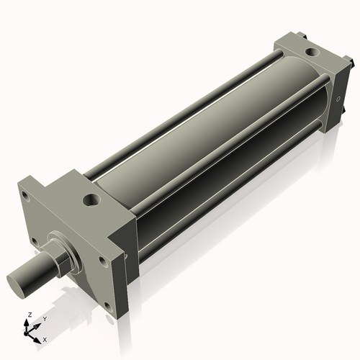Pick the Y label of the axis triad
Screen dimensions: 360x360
pos(44,318)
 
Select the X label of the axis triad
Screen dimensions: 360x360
pos(45,338)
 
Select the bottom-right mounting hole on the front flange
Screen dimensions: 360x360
pos(107,307)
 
